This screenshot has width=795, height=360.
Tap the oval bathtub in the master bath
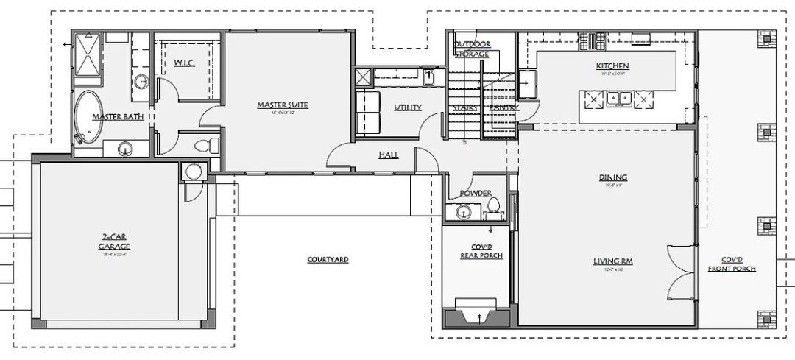89,116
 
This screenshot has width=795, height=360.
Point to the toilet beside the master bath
212,143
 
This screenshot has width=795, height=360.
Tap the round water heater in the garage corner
193,172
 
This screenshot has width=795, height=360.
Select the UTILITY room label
408,107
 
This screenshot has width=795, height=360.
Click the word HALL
389,155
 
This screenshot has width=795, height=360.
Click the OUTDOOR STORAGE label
472,49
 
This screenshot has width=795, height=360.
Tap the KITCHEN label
612,67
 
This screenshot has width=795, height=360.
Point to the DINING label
612,177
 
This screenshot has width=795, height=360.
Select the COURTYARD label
328,260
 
